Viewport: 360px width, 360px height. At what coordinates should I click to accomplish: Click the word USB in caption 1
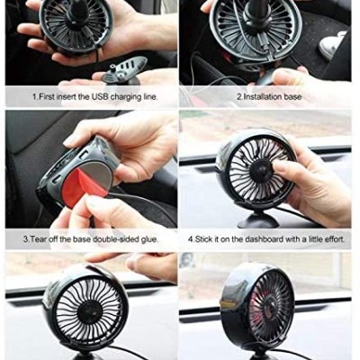pos(100,97)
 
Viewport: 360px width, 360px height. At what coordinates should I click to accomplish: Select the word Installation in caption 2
pos(263,97)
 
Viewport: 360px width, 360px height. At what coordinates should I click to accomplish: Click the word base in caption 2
pos(293,97)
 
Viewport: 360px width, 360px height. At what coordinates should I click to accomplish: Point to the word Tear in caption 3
pos(37,239)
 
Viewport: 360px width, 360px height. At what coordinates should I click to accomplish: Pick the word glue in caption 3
pos(148,239)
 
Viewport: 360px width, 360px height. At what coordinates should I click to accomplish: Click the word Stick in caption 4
pos(204,239)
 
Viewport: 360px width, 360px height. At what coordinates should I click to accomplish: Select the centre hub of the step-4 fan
pos(260,168)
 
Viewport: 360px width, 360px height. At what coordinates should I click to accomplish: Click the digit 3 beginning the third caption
pos(25,239)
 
